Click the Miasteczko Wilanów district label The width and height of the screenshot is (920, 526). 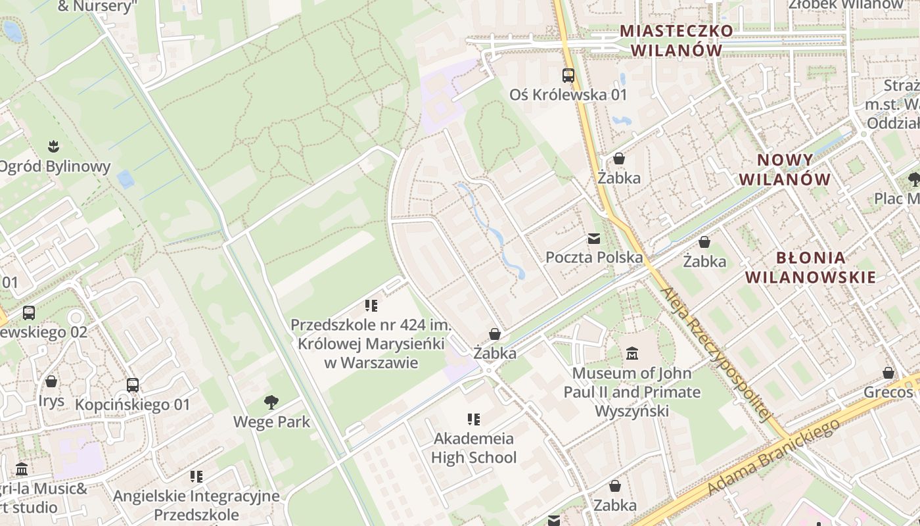tap(676, 40)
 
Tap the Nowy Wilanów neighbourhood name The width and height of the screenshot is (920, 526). tap(785, 170)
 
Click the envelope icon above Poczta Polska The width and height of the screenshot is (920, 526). tap(594, 239)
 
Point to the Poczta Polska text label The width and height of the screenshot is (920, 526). tap(594, 257)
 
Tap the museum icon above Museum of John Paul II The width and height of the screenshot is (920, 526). tap(632, 354)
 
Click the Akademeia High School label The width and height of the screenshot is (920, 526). tap(474, 448)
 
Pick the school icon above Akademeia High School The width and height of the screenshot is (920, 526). tap(473, 419)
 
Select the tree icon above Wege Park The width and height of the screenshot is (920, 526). tap(271, 402)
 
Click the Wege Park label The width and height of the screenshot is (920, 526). tap(271, 421)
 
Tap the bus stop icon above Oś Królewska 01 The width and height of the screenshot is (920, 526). tap(568, 76)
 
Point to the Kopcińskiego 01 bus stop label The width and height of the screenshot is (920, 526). tap(132, 404)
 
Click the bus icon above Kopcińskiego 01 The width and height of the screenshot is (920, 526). tap(133, 385)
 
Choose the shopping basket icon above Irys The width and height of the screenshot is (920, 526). tap(51, 382)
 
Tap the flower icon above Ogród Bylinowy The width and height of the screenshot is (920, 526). tap(53, 146)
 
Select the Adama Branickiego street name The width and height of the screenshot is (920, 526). tap(774, 457)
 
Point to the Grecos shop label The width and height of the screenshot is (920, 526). tap(888, 393)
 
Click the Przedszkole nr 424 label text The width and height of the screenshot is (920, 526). tap(371, 344)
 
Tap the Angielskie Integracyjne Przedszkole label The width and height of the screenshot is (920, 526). tap(196, 505)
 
